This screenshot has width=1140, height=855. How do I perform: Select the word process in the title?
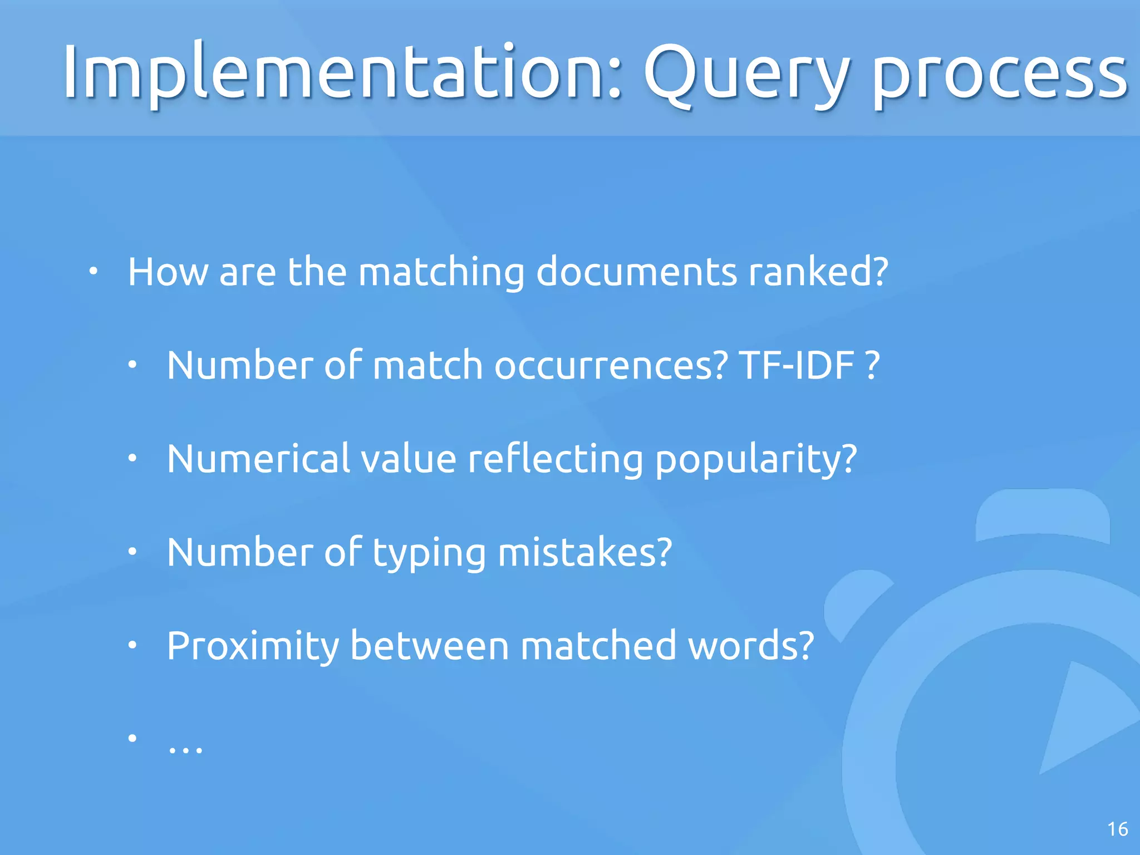pos(999,75)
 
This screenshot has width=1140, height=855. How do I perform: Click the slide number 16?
pos(1117,829)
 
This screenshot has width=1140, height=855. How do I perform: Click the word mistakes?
pos(585,552)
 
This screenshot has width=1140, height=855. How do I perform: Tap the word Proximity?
pos(253,646)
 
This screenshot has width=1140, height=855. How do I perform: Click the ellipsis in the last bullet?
pos(185,749)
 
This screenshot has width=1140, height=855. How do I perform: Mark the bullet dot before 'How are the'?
pos(94,272)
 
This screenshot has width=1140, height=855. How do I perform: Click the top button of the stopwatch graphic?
pos(1043,515)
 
